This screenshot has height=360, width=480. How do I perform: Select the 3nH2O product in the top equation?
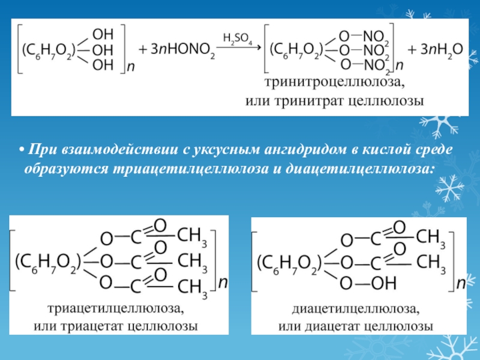(x=436, y=49)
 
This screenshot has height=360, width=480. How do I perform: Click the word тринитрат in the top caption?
(x=309, y=101)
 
